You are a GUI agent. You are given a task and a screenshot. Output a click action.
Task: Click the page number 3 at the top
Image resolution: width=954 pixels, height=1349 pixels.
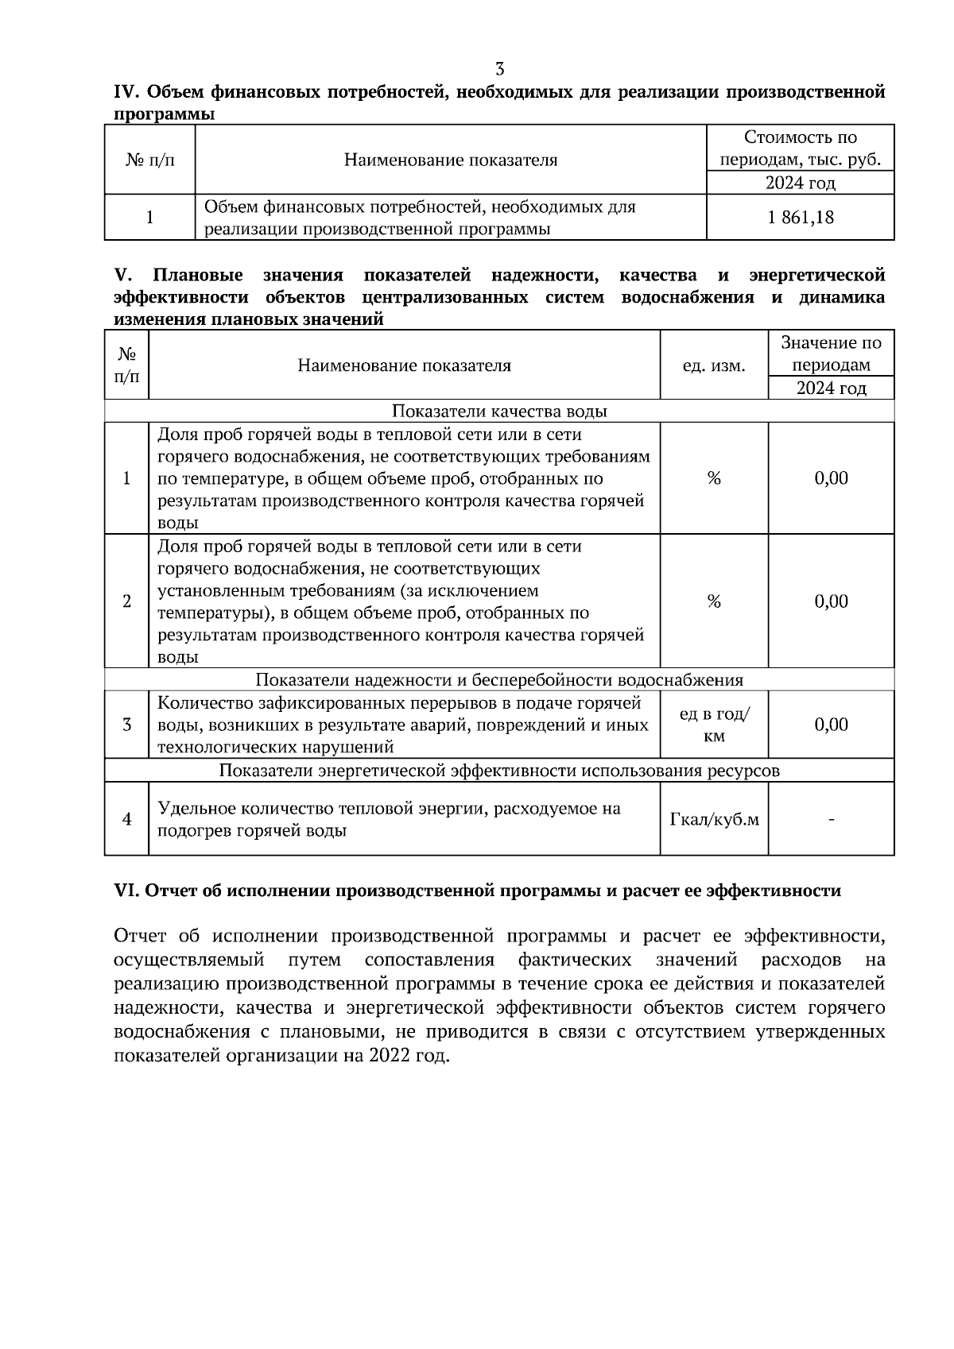pyautogui.click(x=499, y=69)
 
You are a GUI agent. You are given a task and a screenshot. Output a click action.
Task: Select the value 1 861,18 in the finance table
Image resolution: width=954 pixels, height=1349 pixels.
pyautogui.click(x=801, y=217)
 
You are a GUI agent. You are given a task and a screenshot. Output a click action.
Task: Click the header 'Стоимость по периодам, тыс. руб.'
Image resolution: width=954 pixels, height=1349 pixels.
pyautogui.click(x=801, y=149)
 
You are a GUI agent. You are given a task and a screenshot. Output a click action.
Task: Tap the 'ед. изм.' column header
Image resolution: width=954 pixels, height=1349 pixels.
pyautogui.click(x=714, y=365)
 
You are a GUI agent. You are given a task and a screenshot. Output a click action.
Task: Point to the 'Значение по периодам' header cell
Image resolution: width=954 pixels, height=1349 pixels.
pyautogui.click(x=831, y=354)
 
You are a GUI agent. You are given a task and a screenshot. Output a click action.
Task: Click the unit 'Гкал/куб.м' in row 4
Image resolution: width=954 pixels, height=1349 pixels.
pyautogui.click(x=714, y=819)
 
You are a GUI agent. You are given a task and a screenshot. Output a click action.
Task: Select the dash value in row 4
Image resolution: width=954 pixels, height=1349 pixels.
pyautogui.click(x=831, y=819)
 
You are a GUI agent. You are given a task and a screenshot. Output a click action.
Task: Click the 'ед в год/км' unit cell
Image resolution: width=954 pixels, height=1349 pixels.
pyautogui.click(x=714, y=725)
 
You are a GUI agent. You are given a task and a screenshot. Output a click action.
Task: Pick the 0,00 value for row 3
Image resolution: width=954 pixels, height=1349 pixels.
pyautogui.click(x=831, y=725)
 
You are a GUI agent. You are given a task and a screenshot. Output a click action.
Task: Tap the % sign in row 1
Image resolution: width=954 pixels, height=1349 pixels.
pyautogui.click(x=714, y=478)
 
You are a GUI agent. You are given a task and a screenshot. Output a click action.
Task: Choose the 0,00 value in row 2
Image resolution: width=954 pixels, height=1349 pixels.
pyautogui.click(x=831, y=601)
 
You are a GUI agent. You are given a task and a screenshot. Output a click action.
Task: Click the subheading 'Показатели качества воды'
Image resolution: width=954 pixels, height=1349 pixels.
pyautogui.click(x=499, y=412)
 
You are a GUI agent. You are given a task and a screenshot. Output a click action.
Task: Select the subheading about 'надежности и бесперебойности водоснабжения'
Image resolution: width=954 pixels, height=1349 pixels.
pyautogui.click(x=499, y=680)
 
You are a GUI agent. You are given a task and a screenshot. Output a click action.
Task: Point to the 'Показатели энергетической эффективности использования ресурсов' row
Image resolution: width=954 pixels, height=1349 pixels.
pyautogui.click(x=499, y=771)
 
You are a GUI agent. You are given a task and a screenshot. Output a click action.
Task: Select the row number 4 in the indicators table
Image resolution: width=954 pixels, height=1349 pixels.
pyautogui.click(x=126, y=819)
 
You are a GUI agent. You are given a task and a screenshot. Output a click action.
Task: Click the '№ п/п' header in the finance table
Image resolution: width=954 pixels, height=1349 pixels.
pyautogui.click(x=149, y=160)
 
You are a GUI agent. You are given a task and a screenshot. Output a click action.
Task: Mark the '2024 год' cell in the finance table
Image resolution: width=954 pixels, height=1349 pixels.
pyautogui.click(x=801, y=184)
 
